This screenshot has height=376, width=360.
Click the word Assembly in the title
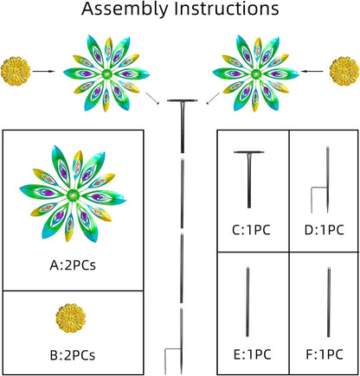125,9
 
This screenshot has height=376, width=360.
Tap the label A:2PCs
73,265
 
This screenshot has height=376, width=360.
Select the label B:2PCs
73,355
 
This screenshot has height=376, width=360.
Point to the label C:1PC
251,230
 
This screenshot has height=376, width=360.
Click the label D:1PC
325,230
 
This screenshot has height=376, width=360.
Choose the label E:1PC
252,354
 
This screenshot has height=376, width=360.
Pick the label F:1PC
325,354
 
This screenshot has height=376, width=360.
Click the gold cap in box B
71,318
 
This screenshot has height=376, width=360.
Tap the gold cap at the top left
16,71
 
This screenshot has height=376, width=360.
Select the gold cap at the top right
344,71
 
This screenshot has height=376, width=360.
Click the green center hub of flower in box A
73,195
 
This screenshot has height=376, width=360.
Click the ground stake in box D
327,179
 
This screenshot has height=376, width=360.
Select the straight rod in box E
247,302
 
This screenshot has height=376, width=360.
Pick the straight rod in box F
329,303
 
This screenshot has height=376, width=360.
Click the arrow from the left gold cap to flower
43,71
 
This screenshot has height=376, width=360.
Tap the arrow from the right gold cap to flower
312,71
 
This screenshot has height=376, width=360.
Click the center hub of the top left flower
106,73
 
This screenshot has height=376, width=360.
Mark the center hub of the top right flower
255,73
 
